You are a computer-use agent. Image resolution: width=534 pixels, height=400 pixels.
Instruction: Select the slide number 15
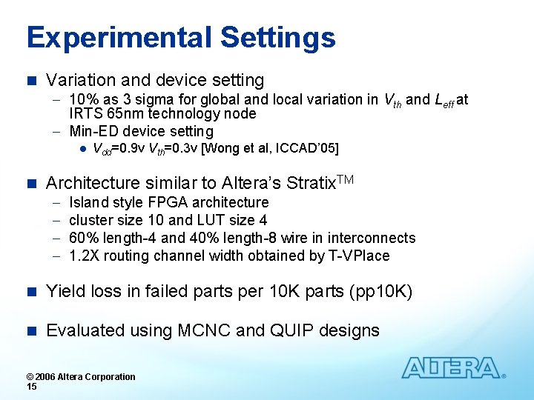pyautogui.click(x=31, y=387)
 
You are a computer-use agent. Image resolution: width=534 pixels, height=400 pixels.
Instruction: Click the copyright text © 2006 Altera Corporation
pyautogui.click(x=81, y=376)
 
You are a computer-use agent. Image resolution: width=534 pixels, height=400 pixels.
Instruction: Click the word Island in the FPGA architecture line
pyautogui.click(x=88, y=202)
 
